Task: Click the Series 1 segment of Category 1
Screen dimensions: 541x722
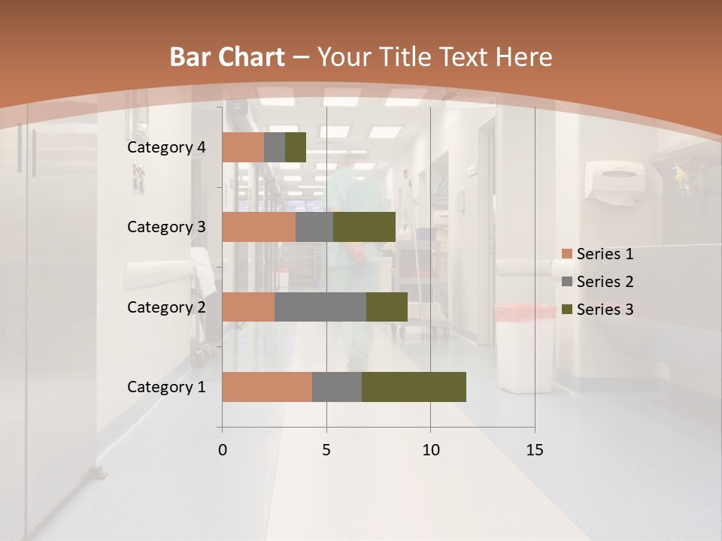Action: point(267,387)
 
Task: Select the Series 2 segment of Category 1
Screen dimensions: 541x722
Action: point(337,387)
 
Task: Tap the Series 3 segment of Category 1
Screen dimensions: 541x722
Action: point(414,387)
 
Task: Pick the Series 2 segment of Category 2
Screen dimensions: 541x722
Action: point(320,307)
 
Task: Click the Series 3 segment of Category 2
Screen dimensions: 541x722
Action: point(387,307)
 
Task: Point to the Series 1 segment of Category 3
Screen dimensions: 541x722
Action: point(259,227)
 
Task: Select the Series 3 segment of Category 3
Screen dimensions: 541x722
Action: point(364,227)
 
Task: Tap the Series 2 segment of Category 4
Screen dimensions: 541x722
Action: point(275,147)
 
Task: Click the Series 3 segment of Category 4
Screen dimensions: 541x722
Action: point(296,147)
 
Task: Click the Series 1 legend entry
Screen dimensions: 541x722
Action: point(597,254)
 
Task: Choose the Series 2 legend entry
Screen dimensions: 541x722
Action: point(597,282)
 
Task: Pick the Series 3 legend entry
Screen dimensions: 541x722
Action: point(597,310)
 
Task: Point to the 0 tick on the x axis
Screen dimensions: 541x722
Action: point(223,450)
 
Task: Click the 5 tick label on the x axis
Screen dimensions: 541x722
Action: point(326,450)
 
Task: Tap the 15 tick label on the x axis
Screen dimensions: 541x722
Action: point(535,450)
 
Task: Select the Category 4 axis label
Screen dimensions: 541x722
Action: point(166,147)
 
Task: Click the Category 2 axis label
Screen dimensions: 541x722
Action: point(166,307)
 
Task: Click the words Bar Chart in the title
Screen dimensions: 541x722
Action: point(226,57)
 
